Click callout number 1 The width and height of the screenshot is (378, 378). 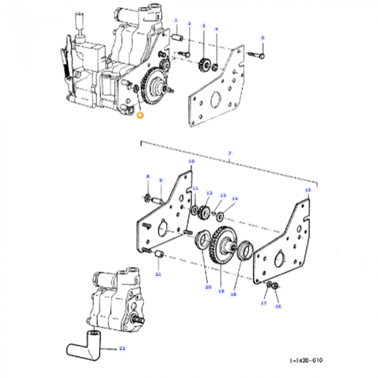pyautogui.click(x=175, y=20)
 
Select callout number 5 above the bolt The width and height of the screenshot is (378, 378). pyautogui.click(x=263, y=37)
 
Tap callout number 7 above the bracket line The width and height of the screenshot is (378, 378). pyautogui.click(x=230, y=154)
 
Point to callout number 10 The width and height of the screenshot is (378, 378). pyautogui.click(x=191, y=161)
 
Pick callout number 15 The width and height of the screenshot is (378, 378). pyautogui.click(x=308, y=190)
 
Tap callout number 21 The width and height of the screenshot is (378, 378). pyautogui.click(x=158, y=274)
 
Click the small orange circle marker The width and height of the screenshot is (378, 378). pyautogui.click(x=140, y=114)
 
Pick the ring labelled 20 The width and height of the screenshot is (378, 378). pyautogui.click(x=204, y=240)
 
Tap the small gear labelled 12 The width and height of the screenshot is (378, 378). pyautogui.click(x=205, y=211)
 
